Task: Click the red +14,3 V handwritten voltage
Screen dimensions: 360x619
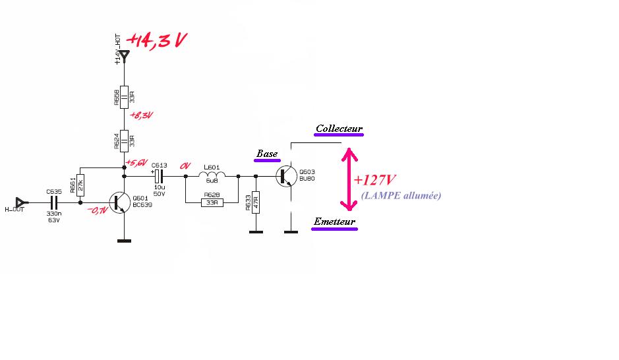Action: coord(157,41)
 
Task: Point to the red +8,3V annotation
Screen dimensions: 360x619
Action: coord(140,115)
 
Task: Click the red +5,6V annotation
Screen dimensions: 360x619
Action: coord(137,162)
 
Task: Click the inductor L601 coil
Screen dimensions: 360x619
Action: coord(212,176)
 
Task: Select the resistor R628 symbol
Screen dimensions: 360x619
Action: coord(212,202)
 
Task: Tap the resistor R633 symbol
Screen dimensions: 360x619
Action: coord(256,202)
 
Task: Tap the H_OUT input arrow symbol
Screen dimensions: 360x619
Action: coord(20,201)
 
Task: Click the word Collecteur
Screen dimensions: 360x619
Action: coord(339,129)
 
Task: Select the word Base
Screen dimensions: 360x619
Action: coord(267,154)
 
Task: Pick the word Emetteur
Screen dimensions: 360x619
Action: coord(335,222)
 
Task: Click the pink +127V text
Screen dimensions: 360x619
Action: coord(374,180)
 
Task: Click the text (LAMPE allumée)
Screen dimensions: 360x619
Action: coord(401,196)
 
